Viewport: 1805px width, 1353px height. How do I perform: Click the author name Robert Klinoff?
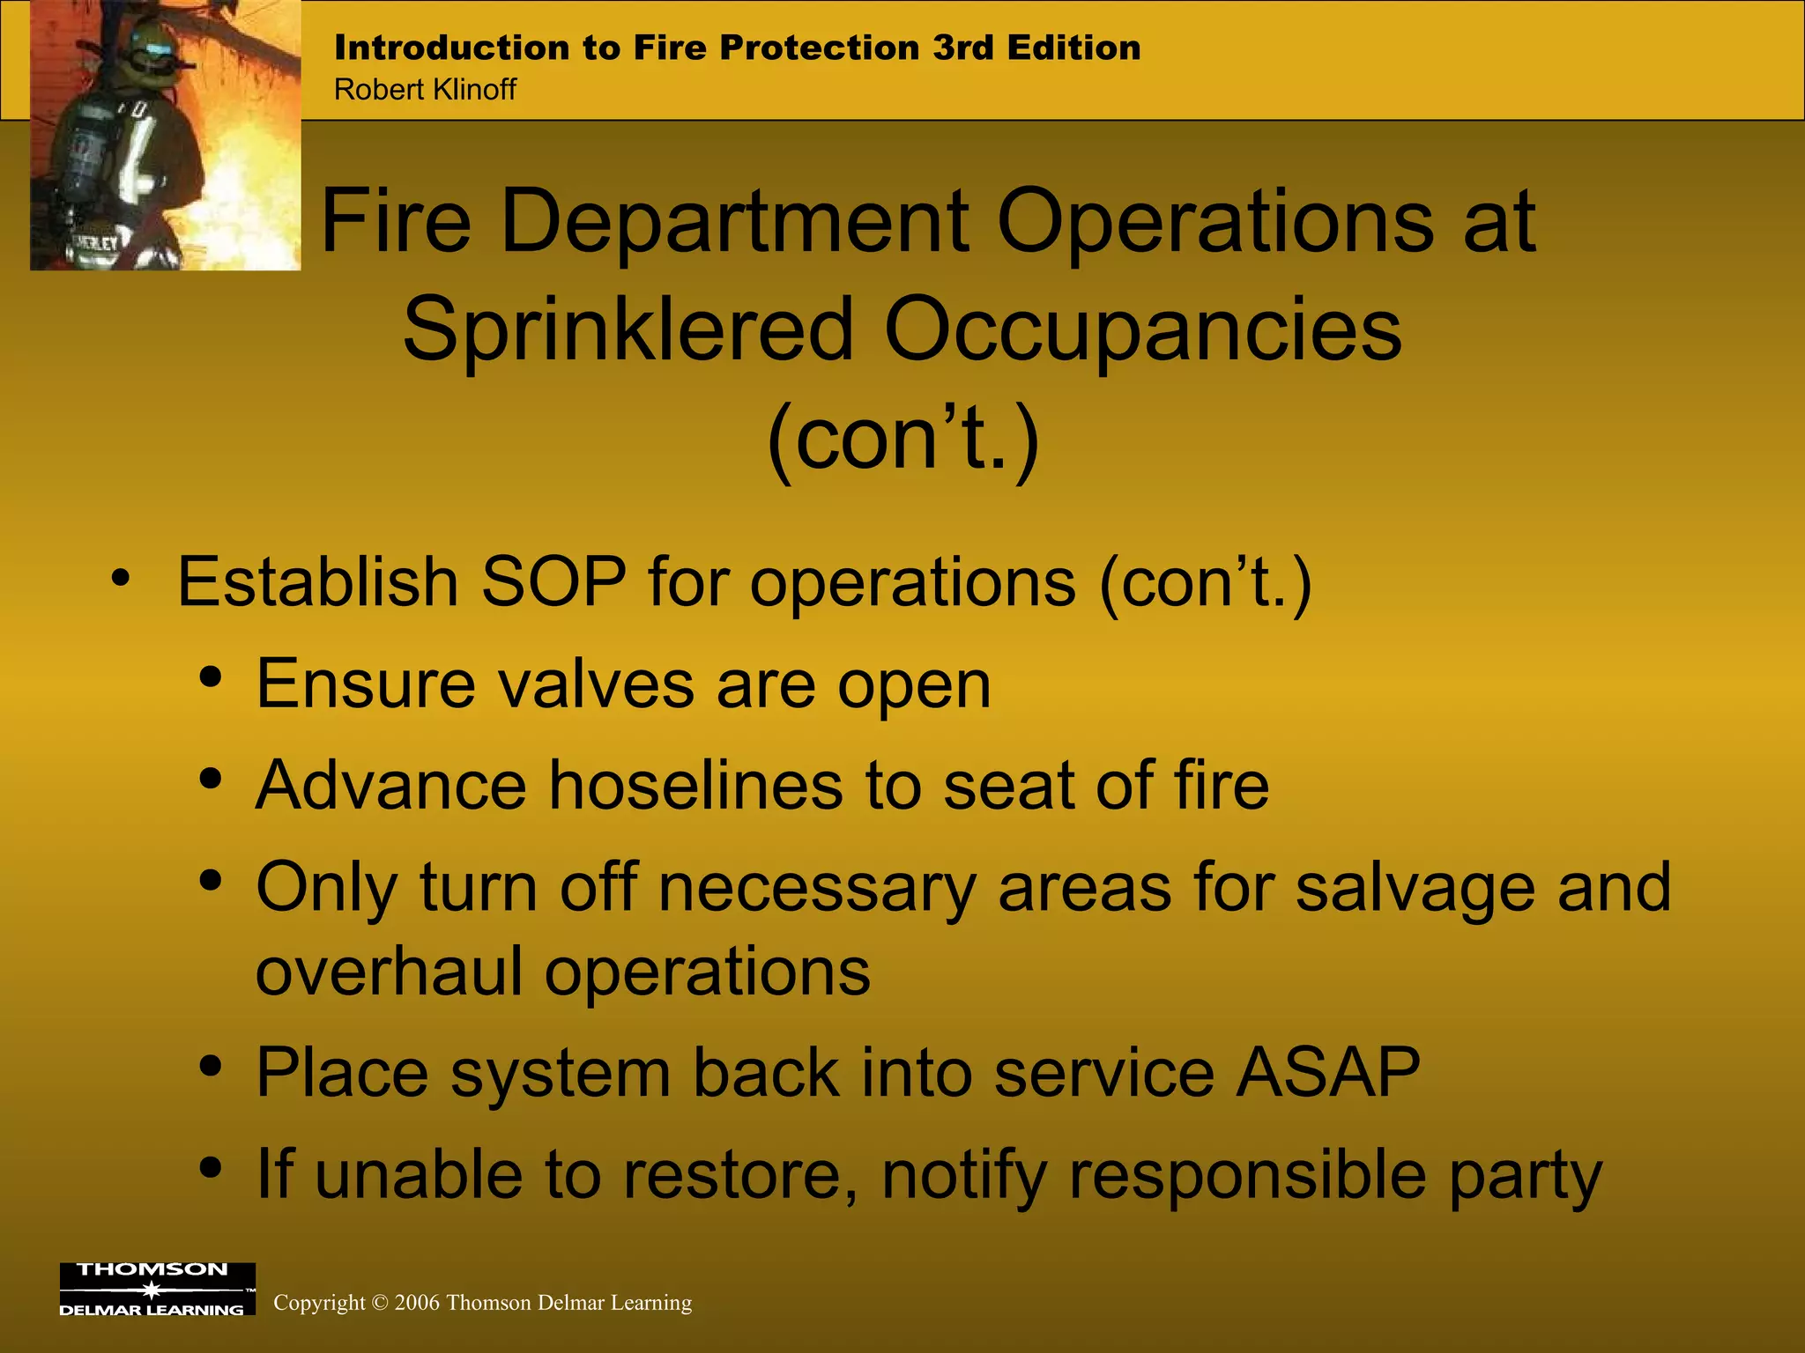[x=425, y=90]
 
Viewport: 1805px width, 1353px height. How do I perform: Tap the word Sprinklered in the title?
[x=628, y=329]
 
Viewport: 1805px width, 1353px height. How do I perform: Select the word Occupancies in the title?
[x=1142, y=329]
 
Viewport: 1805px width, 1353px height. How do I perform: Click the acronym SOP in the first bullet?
[x=553, y=582]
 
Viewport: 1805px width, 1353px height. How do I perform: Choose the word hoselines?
[x=695, y=786]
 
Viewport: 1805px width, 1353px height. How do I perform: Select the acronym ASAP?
[x=1327, y=1073]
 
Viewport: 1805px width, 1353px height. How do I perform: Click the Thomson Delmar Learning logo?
[x=157, y=1289]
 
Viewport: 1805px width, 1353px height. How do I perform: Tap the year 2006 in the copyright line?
[x=417, y=1303]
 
